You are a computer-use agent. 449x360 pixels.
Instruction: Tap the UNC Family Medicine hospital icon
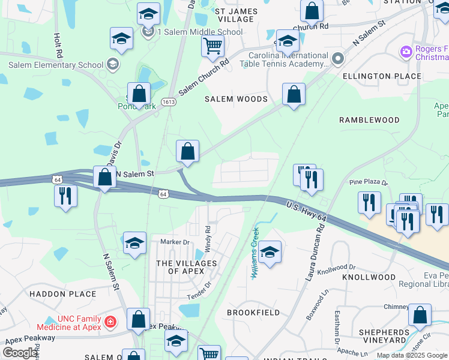click(110, 322)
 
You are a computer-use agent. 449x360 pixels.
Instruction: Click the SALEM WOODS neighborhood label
click(235, 99)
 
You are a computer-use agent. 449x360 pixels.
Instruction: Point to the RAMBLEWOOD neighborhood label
click(369, 120)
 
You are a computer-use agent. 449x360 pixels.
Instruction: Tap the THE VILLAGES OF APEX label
click(186, 268)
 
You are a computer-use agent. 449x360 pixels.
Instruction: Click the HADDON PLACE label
click(62, 294)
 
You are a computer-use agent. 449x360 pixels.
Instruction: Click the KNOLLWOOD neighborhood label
click(369, 277)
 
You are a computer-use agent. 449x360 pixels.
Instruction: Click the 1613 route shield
click(169, 103)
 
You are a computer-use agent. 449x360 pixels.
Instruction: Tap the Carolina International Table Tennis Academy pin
click(337, 59)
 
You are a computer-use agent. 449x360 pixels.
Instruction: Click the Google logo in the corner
click(20, 353)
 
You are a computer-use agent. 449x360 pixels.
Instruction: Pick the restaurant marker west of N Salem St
click(64, 196)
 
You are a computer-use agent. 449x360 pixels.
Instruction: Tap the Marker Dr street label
click(175, 242)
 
